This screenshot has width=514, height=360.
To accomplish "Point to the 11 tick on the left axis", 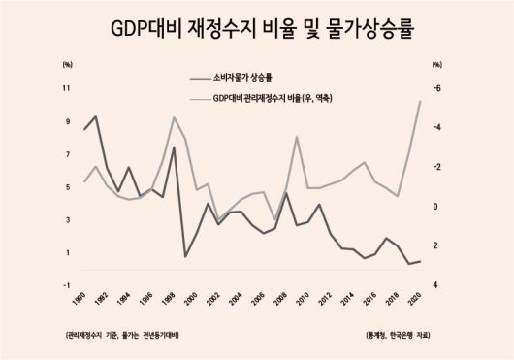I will pos(67,88).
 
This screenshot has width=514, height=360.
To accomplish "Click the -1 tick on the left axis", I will pos(67,285).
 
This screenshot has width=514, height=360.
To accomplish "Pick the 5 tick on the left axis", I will pos(68,187).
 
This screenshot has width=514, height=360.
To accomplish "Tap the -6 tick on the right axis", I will pos(437,88).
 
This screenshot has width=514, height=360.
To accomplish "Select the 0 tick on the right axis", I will pos(437,207).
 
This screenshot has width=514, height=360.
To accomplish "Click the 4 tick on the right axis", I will pos(437,285).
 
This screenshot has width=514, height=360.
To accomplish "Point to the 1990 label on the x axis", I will pos(80,297).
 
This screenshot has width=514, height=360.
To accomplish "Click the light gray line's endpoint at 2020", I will pos(419,101).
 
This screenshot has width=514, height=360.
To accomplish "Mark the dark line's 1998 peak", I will pos(174,147).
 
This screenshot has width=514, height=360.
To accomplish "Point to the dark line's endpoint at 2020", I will pos(419,261).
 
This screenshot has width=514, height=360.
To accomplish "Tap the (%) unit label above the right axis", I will pos(437,64).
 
